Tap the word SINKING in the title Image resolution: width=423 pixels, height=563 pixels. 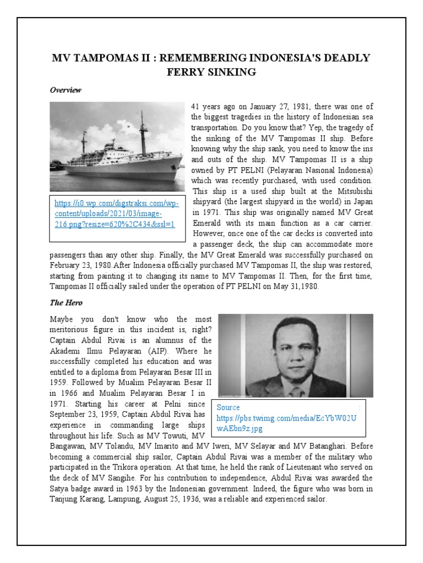230,71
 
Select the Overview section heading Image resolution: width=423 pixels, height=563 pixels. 66,90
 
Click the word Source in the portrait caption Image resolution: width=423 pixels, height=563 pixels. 229,407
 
